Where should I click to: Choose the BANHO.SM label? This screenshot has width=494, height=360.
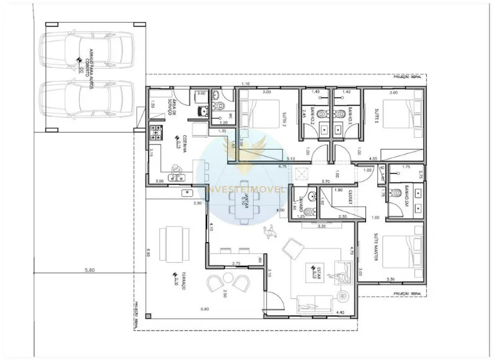[406, 192]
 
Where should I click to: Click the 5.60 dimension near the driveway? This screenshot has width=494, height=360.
[91, 270]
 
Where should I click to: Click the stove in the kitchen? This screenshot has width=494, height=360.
[156, 132]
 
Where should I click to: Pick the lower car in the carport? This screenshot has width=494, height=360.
[87, 100]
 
